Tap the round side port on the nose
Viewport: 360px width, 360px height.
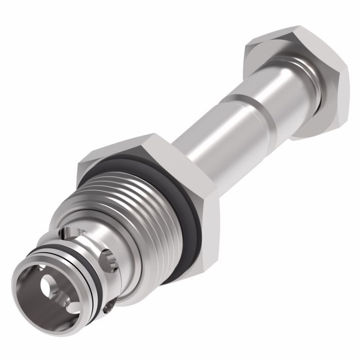(x=108, y=255)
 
